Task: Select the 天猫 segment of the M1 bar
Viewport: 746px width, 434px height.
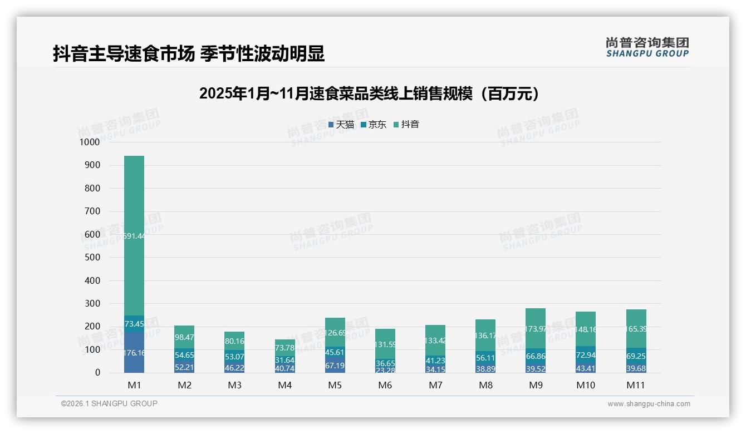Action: (134, 352)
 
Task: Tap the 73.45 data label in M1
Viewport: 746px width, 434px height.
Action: (134, 324)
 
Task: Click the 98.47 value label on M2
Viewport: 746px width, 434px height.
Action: (184, 337)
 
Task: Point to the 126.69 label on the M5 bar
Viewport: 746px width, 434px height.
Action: (335, 333)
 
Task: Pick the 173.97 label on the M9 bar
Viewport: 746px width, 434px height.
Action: (535, 329)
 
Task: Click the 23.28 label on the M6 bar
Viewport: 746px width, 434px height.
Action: (385, 370)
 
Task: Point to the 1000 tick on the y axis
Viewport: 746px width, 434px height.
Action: (90, 142)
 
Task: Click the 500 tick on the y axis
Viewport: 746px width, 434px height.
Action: (92, 258)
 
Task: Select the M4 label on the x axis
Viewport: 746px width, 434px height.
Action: (284, 385)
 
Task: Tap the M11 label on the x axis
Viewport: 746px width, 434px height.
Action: (636, 385)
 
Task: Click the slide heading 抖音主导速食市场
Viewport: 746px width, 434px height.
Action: (189, 54)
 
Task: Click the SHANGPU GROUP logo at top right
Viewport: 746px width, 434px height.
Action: (647, 47)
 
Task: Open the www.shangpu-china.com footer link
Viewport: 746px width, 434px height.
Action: (649, 404)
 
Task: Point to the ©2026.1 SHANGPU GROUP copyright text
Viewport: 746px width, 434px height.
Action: (109, 403)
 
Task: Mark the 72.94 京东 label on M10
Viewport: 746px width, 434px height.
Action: (586, 355)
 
